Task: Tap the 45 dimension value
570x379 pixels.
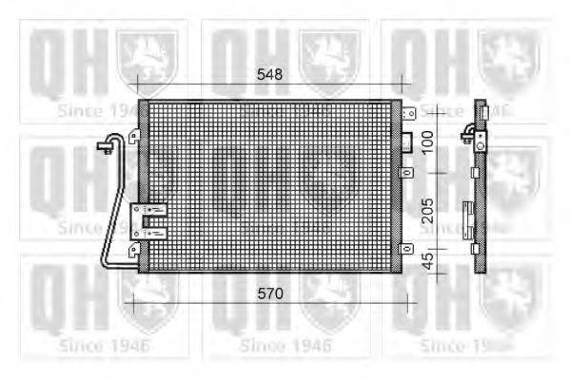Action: pyautogui.click(x=428, y=262)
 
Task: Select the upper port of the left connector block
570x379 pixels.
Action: pyautogui.click(x=150, y=210)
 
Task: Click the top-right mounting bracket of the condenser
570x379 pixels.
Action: pyautogui.click(x=408, y=114)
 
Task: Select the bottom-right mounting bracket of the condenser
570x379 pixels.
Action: pyautogui.click(x=408, y=249)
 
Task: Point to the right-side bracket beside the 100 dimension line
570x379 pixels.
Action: pyautogui.click(x=408, y=173)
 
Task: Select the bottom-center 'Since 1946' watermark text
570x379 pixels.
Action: pyautogui.click(x=283, y=346)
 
